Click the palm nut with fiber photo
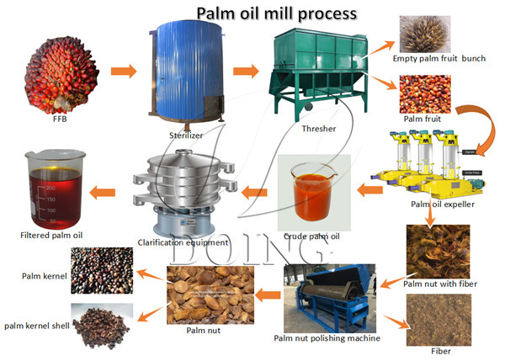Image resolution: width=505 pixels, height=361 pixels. click(x=441, y=250)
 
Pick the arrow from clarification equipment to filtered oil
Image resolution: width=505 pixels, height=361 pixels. click(x=104, y=191)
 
